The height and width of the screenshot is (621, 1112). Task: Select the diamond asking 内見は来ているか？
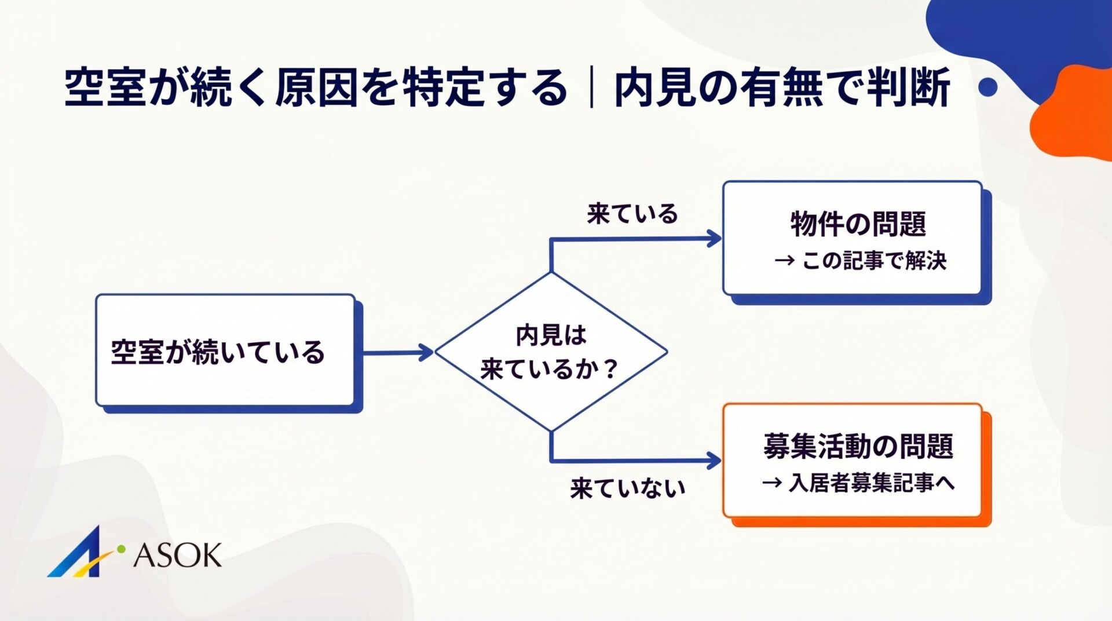coord(551,352)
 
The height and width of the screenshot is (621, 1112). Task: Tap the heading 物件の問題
coord(858,224)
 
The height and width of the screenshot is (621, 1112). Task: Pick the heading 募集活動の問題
coord(858,446)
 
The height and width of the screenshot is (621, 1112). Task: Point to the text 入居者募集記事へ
coord(871,483)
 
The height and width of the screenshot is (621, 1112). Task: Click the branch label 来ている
coord(632,214)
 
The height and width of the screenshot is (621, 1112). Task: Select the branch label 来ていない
coord(627,488)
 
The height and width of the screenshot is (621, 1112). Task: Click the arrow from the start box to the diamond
coord(397,352)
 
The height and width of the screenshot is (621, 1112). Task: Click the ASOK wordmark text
coord(177,556)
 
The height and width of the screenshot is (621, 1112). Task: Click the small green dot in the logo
coord(121,548)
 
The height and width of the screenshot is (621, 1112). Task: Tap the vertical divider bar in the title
coord(591,88)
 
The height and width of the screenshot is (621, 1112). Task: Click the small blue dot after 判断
coord(987,87)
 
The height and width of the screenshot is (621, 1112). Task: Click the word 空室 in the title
coord(105,88)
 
